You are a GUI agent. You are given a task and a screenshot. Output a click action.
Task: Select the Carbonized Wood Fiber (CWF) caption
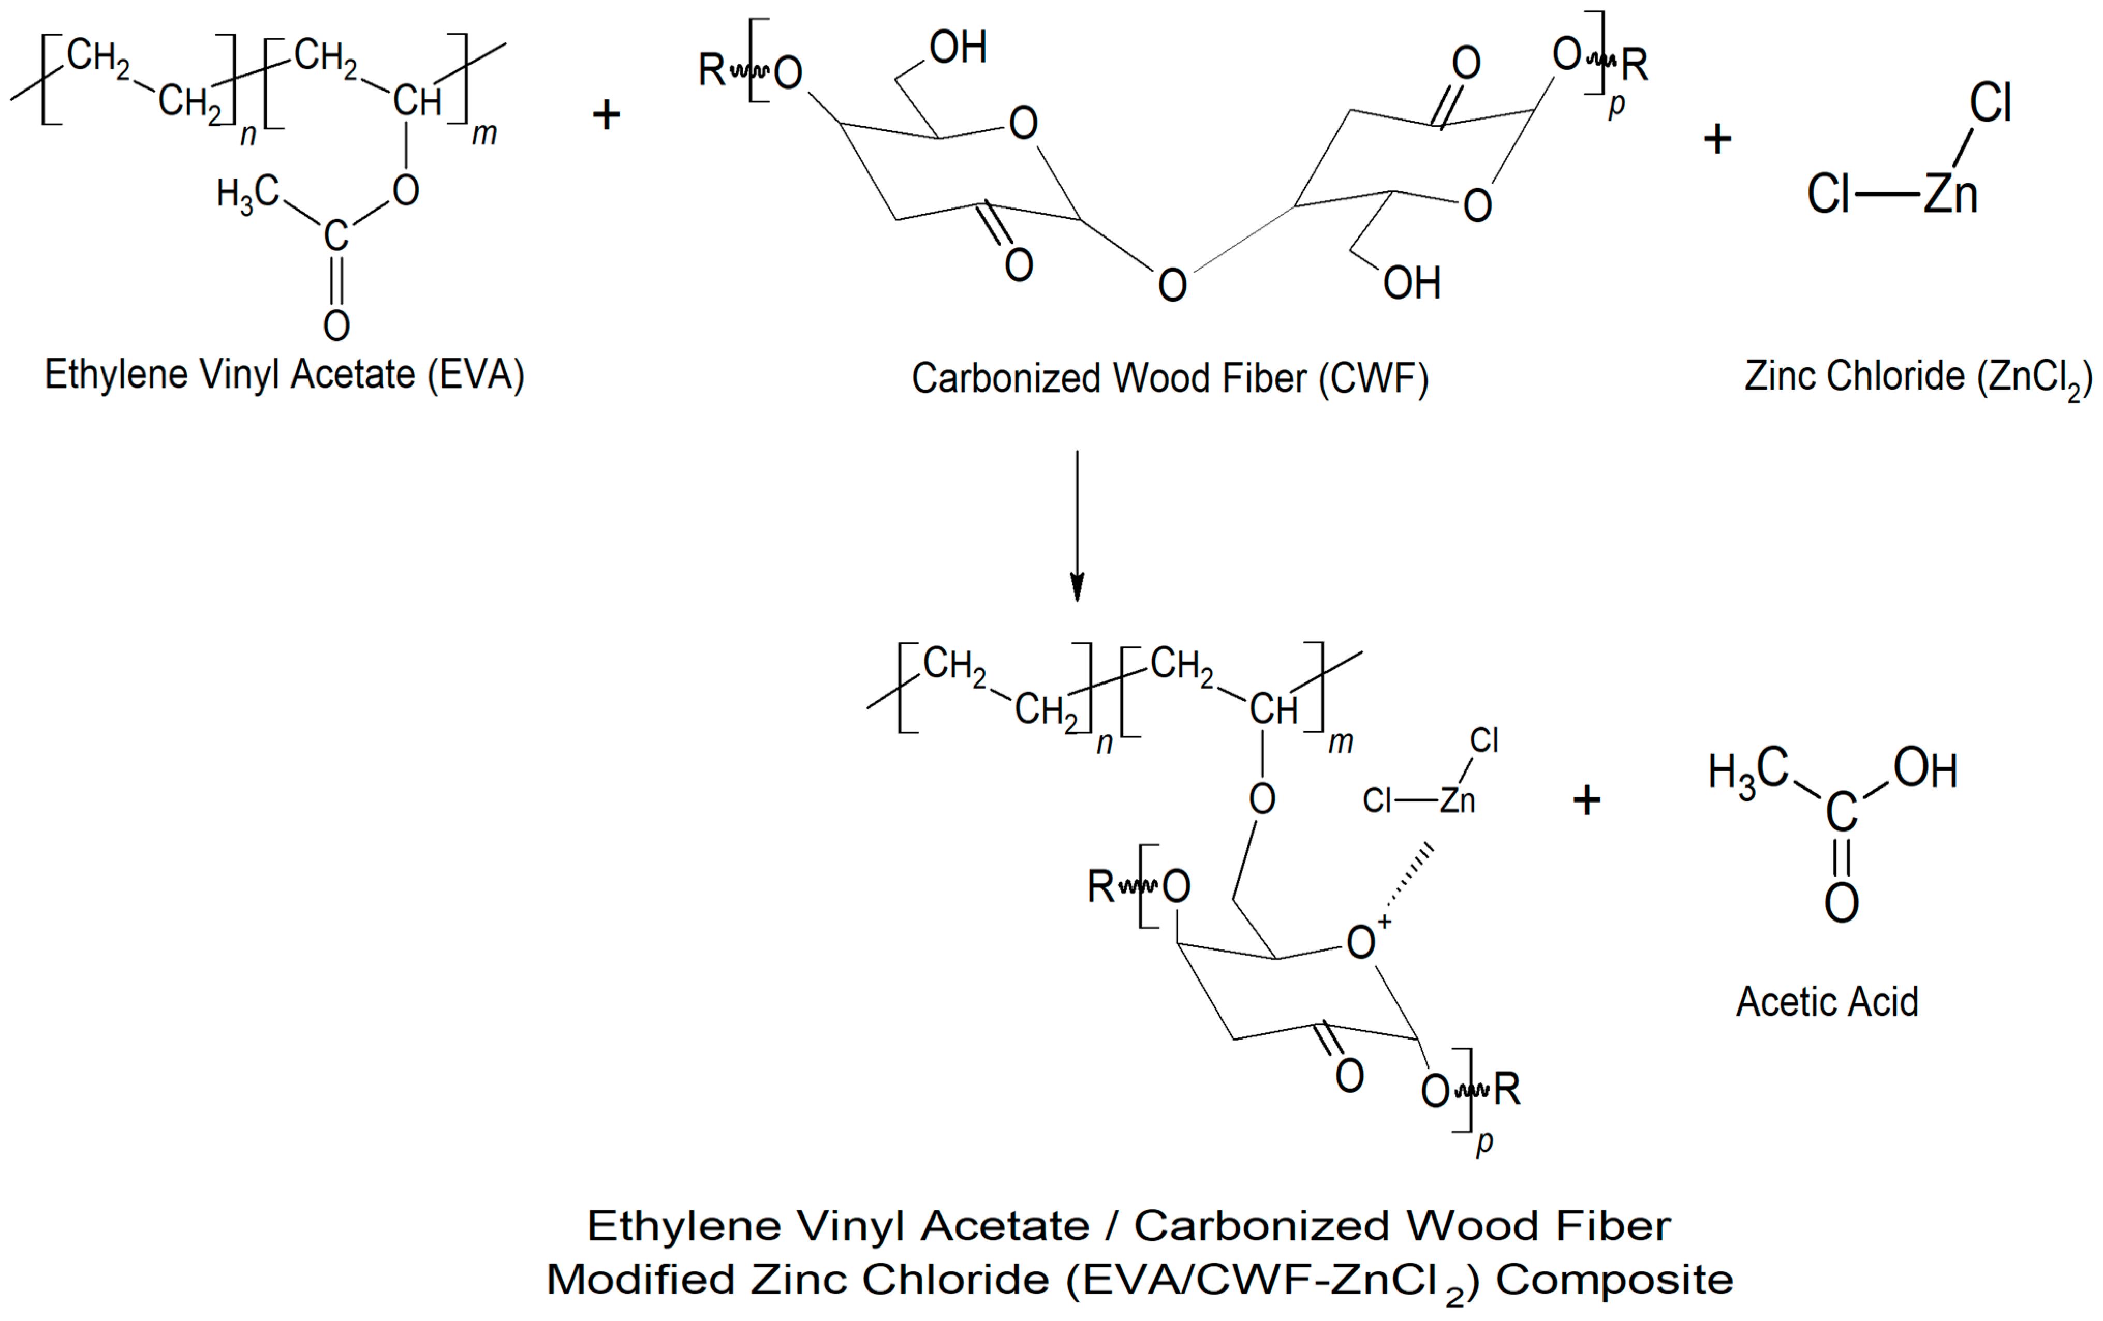tap(1169, 379)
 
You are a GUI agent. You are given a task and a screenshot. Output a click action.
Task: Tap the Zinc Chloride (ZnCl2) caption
tap(1918, 377)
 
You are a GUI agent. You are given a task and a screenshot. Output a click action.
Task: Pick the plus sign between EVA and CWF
tap(606, 114)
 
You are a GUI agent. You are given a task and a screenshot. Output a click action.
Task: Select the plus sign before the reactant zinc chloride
tap(1717, 139)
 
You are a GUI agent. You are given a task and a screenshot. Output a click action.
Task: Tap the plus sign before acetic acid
tap(1586, 800)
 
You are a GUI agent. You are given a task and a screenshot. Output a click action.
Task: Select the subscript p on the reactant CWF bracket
tap(1616, 105)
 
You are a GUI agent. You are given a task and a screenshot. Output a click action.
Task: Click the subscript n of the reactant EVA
tap(248, 136)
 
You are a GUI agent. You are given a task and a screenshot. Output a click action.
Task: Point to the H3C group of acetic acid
tap(1747, 773)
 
